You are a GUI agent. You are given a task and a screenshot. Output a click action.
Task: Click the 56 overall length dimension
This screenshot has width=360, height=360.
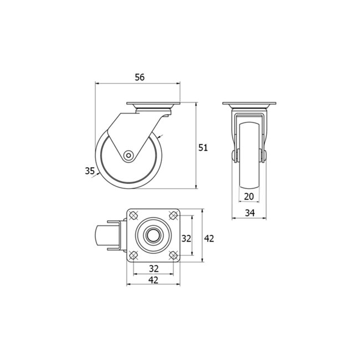(x=139, y=78)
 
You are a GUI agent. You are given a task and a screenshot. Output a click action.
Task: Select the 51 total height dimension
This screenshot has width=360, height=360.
(x=203, y=147)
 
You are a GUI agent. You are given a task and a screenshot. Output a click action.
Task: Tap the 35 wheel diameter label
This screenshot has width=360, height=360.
(x=90, y=171)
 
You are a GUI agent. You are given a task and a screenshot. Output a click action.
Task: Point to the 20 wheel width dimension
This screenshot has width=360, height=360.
(x=249, y=197)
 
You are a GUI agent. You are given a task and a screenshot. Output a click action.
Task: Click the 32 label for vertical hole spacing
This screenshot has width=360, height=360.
(x=187, y=238)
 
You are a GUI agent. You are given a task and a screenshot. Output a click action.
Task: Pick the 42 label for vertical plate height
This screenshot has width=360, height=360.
(x=209, y=238)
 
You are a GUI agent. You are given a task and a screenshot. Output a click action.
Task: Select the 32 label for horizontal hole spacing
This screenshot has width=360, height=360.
(x=153, y=269)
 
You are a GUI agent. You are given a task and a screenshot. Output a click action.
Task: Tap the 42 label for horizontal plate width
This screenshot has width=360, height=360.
(x=153, y=280)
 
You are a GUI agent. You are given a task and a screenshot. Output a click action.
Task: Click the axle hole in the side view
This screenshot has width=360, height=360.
(x=128, y=156)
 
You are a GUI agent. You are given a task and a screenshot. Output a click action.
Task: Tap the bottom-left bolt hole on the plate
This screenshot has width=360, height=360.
(x=133, y=255)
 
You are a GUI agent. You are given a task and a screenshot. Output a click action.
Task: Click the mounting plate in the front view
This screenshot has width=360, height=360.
(x=249, y=105)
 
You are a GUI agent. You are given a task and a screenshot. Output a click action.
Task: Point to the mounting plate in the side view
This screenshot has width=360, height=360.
(x=153, y=105)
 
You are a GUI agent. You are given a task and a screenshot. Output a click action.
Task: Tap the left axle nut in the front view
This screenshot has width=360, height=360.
(x=234, y=156)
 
